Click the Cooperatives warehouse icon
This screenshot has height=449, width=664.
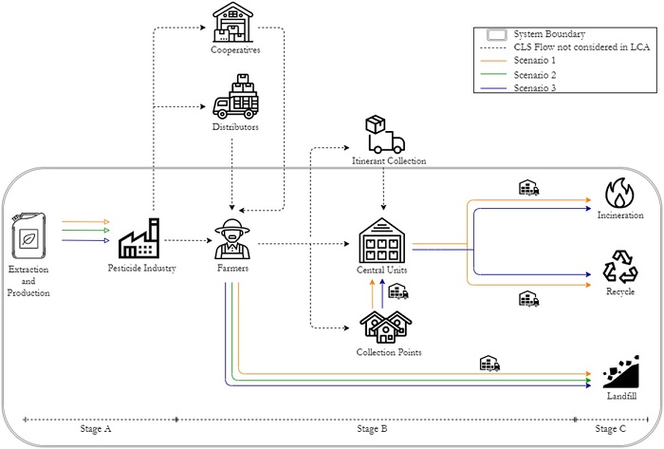click(235, 21)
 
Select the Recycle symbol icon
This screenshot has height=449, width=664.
click(621, 268)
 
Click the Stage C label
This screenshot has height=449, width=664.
click(611, 430)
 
